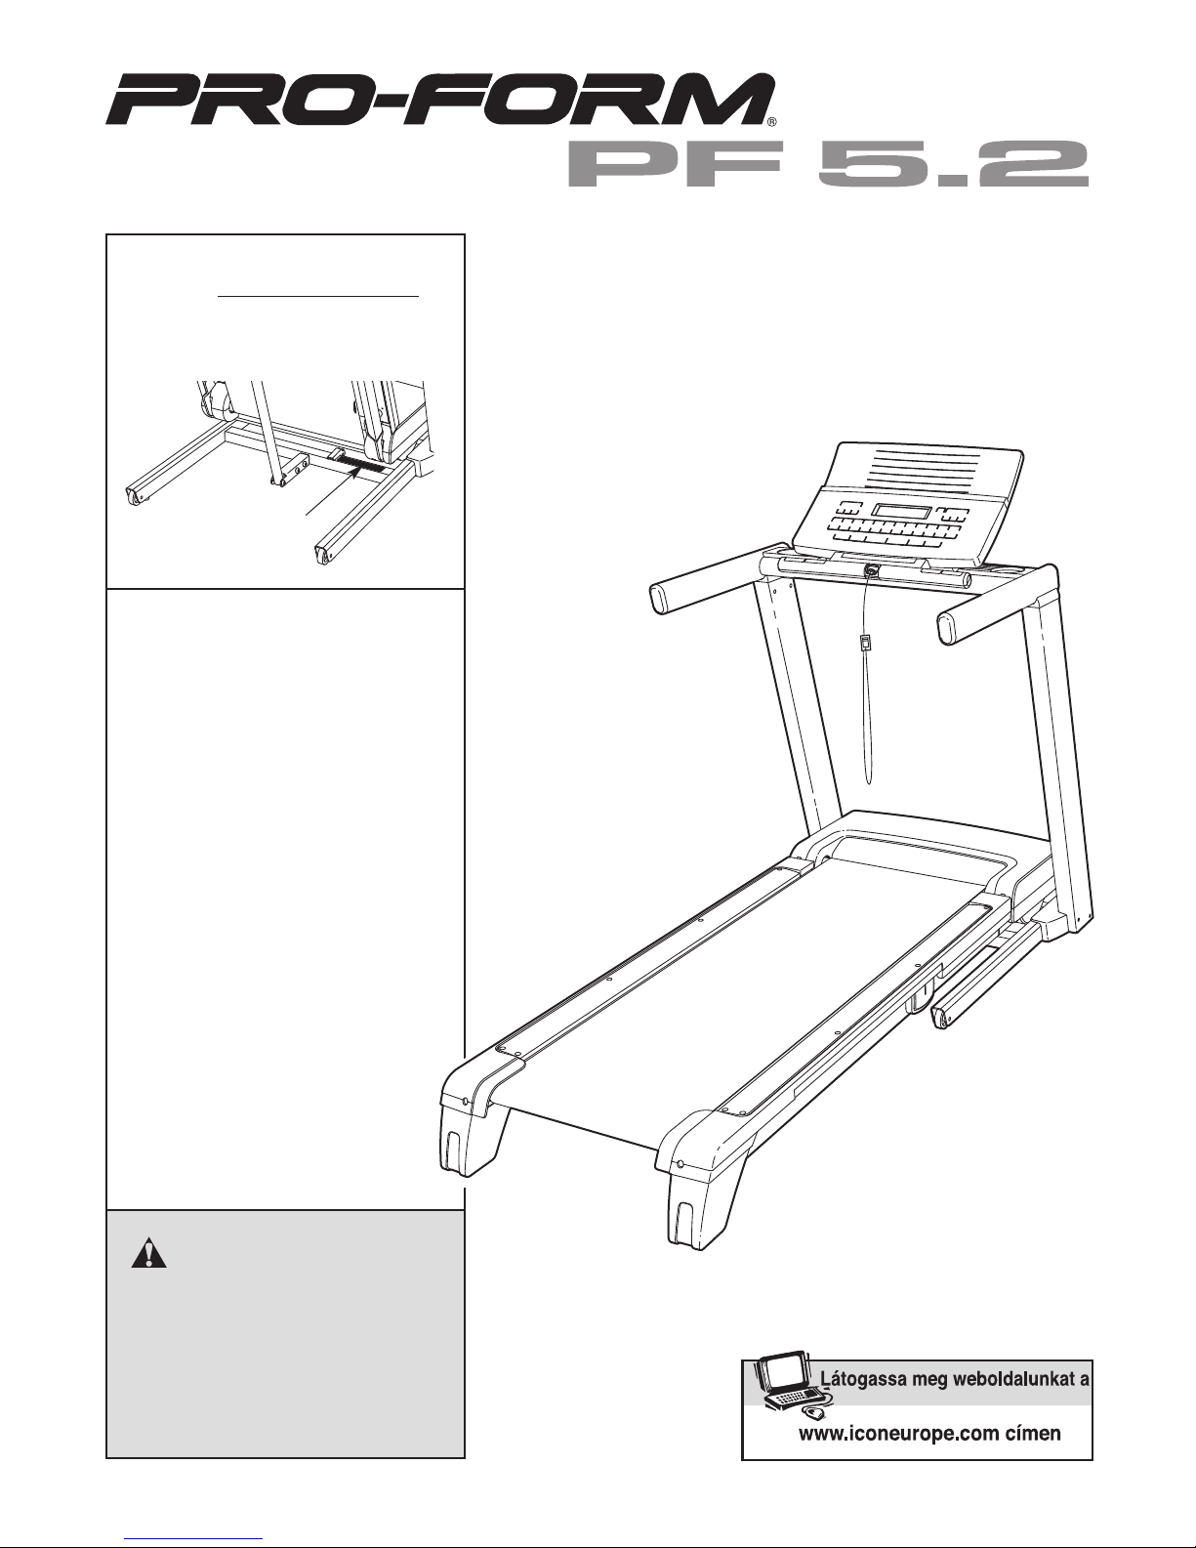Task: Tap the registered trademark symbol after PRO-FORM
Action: tap(771, 122)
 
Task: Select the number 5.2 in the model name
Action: tap(955, 163)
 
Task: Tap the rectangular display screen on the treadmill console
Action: tap(900, 513)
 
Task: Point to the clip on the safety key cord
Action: tap(866, 644)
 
